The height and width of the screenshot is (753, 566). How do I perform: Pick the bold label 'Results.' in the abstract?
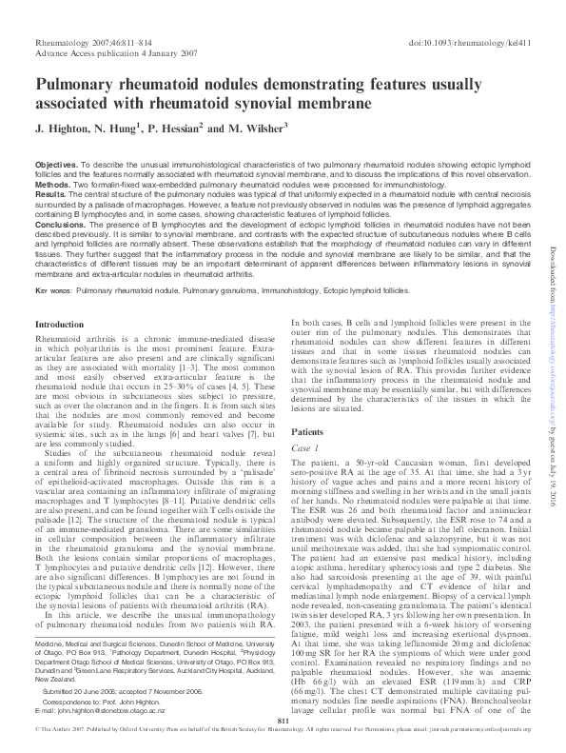click(x=51, y=193)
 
